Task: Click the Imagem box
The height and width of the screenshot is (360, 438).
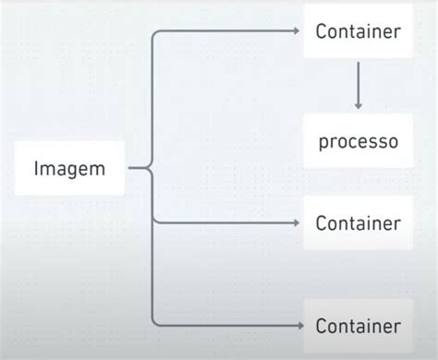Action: pyautogui.click(x=69, y=168)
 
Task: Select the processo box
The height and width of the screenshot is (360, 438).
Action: pyautogui.click(x=358, y=142)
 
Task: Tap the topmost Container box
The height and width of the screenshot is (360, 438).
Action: pyautogui.click(x=358, y=31)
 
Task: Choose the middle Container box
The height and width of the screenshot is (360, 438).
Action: pyautogui.click(x=358, y=223)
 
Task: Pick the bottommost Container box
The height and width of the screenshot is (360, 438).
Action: pyautogui.click(x=358, y=325)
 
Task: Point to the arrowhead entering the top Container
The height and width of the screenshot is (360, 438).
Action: pyautogui.click(x=296, y=31)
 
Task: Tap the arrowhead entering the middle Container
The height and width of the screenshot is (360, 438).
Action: pyautogui.click(x=296, y=223)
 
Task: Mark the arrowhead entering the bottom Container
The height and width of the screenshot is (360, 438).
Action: pyautogui.click(x=296, y=325)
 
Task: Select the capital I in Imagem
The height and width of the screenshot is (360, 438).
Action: pyautogui.click(x=37, y=168)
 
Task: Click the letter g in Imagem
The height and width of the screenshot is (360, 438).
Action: pyautogui.click(x=77, y=171)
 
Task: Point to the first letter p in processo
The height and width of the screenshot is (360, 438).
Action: pyautogui.click(x=323, y=144)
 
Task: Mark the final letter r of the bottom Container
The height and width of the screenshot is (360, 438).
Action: pyautogui.click(x=397, y=326)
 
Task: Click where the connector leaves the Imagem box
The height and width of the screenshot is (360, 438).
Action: pyautogui.click(x=128, y=168)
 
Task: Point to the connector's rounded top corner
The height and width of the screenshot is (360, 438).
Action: pyautogui.click(x=155, y=35)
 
